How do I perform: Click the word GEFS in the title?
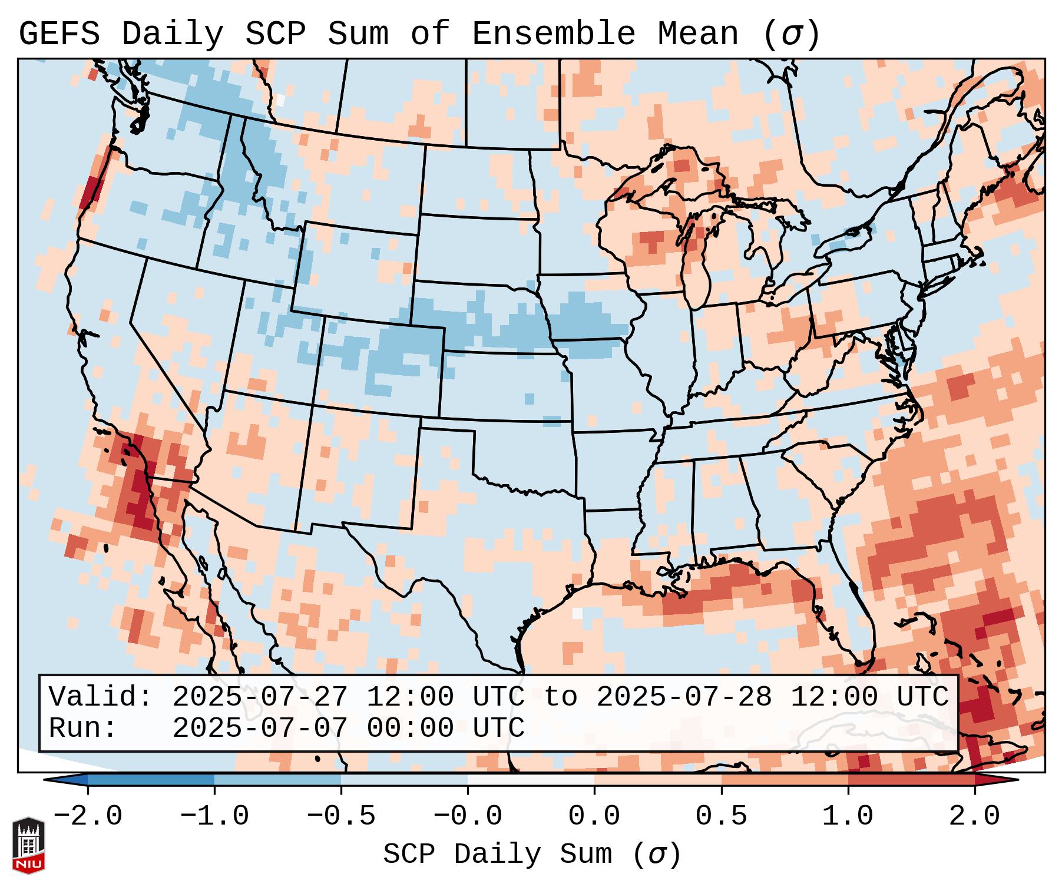(x=59, y=34)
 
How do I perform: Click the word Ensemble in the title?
(x=553, y=34)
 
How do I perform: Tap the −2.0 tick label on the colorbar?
(x=88, y=816)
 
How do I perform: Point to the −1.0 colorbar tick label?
(x=214, y=816)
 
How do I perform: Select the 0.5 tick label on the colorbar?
(x=721, y=816)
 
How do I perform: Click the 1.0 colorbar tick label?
(x=848, y=816)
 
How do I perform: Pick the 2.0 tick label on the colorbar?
(x=974, y=816)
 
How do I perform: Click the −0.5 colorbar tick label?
(x=341, y=816)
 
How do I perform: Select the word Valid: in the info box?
(x=101, y=697)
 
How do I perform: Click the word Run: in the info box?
(x=83, y=728)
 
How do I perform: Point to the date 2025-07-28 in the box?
(x=684, y=697)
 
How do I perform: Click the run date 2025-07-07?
(x=260, y=728)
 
